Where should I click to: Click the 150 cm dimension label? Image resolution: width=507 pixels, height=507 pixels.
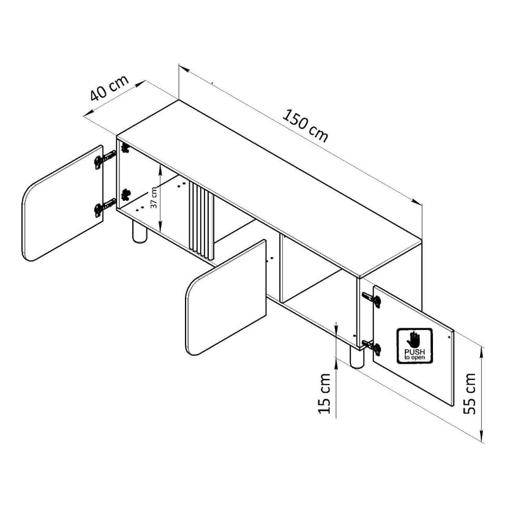(x=305, y=126)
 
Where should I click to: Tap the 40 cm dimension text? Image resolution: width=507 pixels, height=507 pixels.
(x=109, y=88)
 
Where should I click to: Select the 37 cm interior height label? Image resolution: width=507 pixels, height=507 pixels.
(x=154, y=197)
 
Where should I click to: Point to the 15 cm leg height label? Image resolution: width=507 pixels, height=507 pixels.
(x=325, y=393)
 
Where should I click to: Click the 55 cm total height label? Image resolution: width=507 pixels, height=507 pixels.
(x=470, y=393)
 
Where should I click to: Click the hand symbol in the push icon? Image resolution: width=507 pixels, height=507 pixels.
(x=413, y=339)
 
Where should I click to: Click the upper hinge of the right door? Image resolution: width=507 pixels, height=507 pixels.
(x=372, y=299)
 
